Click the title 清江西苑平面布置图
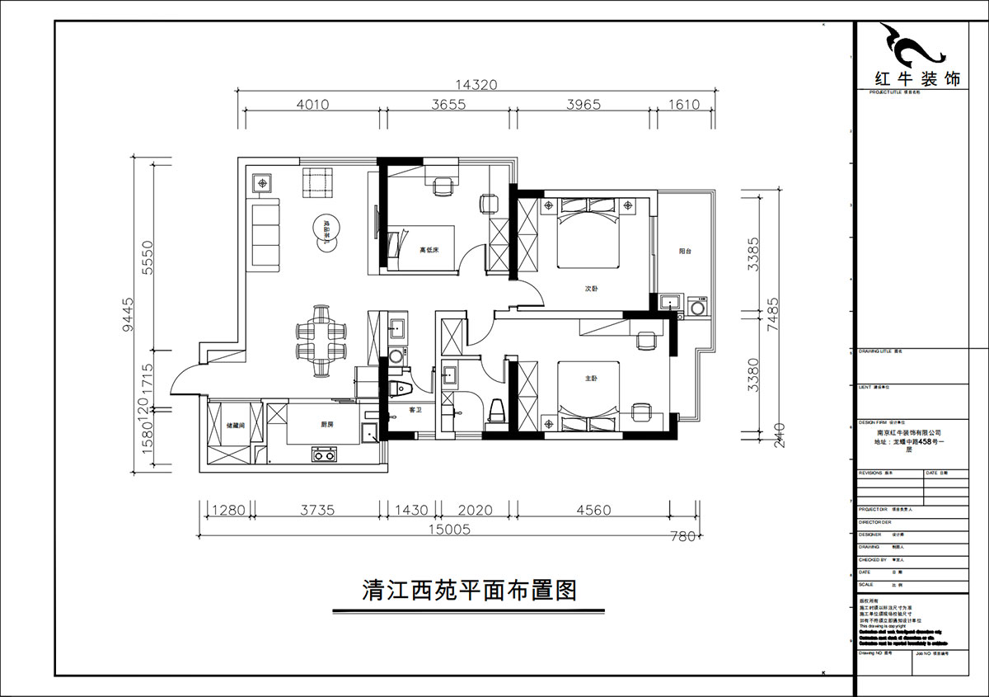[x=467, y=591]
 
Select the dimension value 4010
[x=312, y=105]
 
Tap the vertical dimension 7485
[x=772, y=314]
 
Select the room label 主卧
[x=591, y=379]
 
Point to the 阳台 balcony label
[x=684, y=252]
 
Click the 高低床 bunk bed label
[x=429, y=250]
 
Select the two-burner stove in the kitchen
[x=325, y=454]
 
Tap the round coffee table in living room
[x=326, y=228]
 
